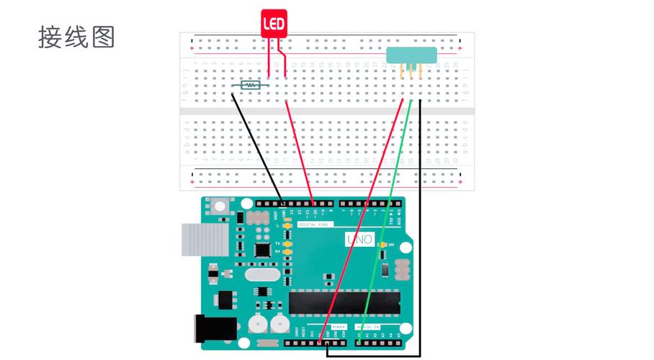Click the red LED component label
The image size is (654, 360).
point(273,24)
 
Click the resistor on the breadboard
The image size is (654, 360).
point(250,85)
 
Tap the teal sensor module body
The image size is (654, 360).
point(412,55)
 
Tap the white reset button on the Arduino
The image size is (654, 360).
point(219,208)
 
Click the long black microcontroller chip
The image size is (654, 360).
point(344,302)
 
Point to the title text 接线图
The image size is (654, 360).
point(76,37)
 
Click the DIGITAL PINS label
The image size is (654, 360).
point(313,225)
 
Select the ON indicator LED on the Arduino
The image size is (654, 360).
point(382,246)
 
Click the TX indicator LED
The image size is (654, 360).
point(287,244)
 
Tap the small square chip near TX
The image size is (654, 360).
point(262,249)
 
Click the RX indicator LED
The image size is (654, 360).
point(287,253)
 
